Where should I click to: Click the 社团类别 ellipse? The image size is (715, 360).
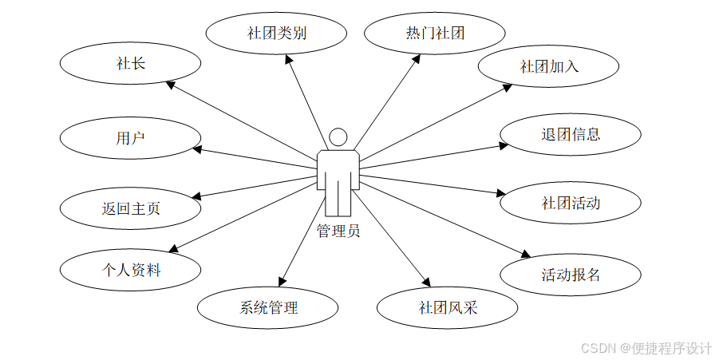(x=277, y=34)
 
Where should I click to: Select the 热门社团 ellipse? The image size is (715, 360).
(x=435, y=34)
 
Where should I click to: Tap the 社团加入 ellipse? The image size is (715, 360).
(x=549, y=67)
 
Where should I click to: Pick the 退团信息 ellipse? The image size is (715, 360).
(x=571, y=134)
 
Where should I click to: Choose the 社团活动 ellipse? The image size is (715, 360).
(x=571, y=203)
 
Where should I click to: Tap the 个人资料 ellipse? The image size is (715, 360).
(x=131, y=270)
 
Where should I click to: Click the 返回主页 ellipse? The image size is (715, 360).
(x=131, y=208)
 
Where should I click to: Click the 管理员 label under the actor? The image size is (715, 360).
(x=338, y=231)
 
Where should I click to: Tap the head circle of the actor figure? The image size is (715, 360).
(x=338, y=136)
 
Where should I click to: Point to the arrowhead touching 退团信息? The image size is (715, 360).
(x=503, y=145)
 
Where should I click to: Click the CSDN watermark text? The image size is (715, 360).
(x=646, y=349)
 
